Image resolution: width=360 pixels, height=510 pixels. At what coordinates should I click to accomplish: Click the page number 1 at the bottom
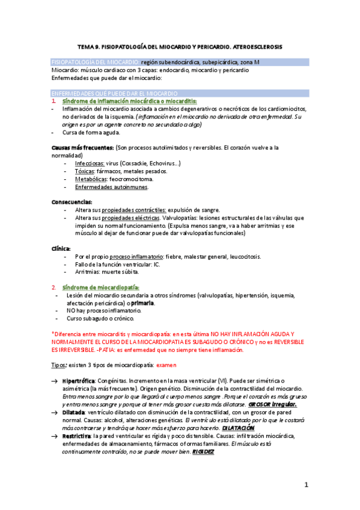[306, 485]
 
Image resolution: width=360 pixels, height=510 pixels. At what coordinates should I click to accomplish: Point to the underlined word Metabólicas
[91, 179]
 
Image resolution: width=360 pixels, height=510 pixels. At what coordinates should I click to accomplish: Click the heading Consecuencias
[72, 201]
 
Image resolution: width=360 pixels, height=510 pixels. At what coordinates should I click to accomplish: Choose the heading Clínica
[61, 248]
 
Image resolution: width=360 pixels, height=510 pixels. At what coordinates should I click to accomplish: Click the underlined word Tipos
[59, 365]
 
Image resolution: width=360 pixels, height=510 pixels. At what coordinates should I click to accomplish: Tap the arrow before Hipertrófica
[55, 381]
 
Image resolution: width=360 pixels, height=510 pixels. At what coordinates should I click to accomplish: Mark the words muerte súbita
[121, 272]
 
